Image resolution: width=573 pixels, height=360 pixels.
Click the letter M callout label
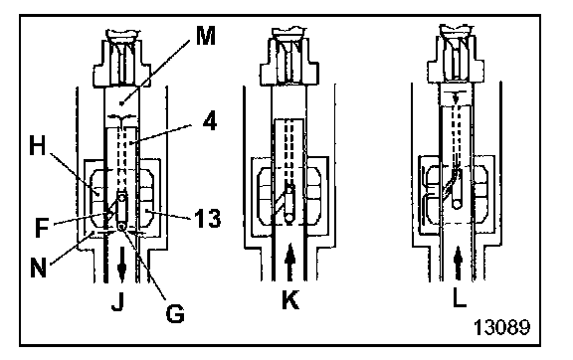point(206,36)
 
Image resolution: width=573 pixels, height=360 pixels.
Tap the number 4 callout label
point(209,121)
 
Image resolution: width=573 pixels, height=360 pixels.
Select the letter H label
point(37,146)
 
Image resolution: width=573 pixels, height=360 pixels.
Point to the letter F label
point(42,227)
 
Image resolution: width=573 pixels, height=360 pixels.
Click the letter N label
point(38,269)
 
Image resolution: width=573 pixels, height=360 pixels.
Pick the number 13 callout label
point(207,219)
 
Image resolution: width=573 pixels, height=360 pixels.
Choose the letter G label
point(175,313)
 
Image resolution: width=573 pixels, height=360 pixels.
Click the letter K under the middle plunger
point(290,300)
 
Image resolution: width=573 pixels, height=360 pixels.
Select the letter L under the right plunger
point(460,298)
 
